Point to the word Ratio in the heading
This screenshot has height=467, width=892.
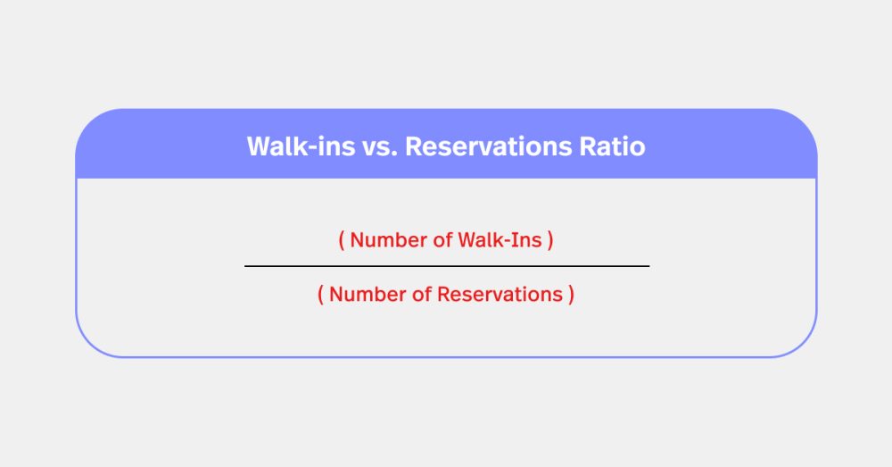[x=614, y=146]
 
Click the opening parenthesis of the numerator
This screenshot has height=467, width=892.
[x=342, y=240]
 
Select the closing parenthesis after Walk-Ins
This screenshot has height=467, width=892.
[x=550, y=240]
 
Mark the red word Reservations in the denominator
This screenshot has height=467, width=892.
[x=500, y=295]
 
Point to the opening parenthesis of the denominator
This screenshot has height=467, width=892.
[x=321, y=295]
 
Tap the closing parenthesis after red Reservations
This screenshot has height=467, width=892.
[x=571, y=295]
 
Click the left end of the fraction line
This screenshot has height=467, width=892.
[x=246, y=266]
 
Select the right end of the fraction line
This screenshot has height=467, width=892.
[x=648, y=266]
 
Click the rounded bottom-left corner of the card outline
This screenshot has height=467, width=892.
[x=89, y=345]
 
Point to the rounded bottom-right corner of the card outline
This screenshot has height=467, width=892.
[x=803, y=345]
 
